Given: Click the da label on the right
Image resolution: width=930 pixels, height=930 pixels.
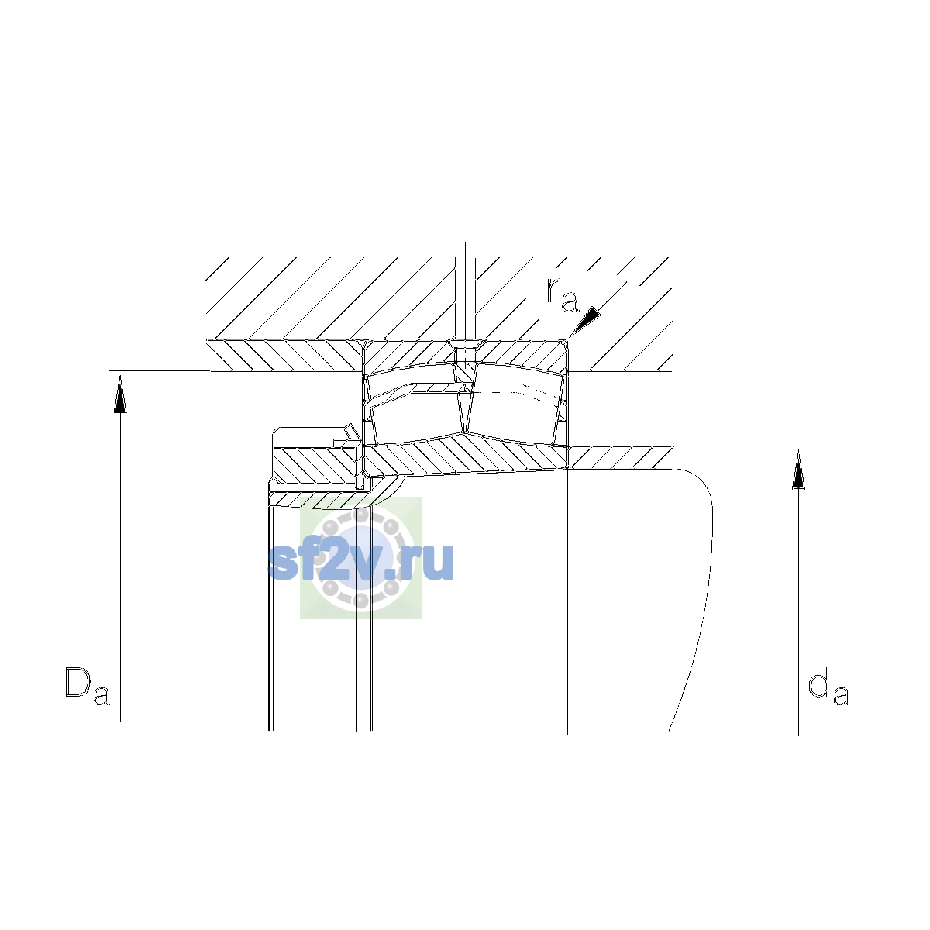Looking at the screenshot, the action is (x=828, y=687).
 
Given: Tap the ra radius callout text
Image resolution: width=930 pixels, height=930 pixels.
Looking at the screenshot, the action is (x=563, y=294).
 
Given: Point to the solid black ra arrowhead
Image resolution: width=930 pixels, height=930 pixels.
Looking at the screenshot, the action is (x=587, y=319).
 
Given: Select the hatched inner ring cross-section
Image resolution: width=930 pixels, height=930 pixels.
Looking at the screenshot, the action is (x=466, y=456).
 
